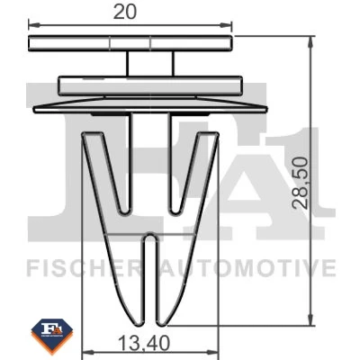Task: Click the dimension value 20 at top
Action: click(125, 13)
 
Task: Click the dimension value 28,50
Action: click(301, 183)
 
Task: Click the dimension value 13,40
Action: click(144, 344)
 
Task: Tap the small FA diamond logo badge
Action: click(52, 337)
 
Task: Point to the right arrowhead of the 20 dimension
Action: click(227, 25)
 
